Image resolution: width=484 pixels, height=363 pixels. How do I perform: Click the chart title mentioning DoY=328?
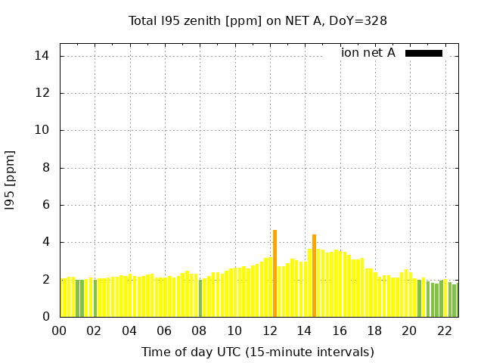click(x=258, y=20)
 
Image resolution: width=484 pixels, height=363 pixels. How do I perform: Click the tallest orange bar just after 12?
click(x=275, y=273)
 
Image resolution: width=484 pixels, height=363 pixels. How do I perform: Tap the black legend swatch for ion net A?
click(x=423, y=53)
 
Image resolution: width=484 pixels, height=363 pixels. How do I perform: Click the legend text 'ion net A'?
click(x=368, y=53)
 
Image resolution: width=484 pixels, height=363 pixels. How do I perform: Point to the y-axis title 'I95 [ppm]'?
click(x=10, y=179)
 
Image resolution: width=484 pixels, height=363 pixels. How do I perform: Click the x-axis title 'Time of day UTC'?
click(x=258, y=352)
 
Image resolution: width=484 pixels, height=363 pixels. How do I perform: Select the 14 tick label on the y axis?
click(x=42, y=56)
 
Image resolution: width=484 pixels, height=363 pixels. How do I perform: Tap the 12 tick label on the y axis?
click(x=42, y=93)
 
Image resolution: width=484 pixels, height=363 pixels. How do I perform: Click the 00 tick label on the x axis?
click(x=59, y=330)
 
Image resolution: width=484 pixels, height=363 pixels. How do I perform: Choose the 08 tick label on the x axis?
click(x=200, y=330)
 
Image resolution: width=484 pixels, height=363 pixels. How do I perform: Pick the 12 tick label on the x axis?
click(x=270, y=330)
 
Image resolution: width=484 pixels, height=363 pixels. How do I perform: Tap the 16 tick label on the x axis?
click(x=340, y=330)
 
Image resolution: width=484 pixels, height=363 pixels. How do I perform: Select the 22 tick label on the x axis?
click(x=445, y=330)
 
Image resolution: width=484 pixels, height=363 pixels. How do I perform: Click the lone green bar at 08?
click(x=200, y=298)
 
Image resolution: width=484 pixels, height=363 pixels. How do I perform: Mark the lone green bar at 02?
click(x=95, y=298)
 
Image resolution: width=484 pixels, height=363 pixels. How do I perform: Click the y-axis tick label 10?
click(x=42, y=130)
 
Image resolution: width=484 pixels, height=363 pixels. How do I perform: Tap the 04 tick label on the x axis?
click(x=129, y=330)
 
